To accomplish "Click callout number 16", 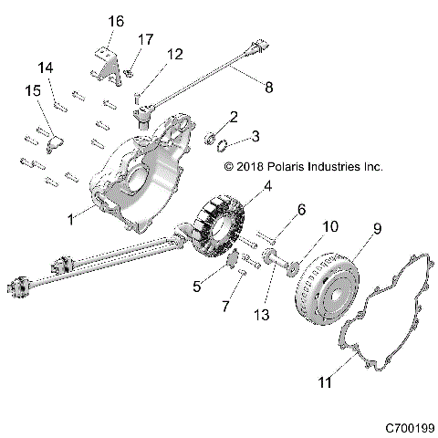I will (115, 21).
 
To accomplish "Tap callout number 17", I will (145, 39).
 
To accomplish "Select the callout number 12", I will (173, 54).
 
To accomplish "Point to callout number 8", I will (266, 89).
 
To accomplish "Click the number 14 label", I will (45, 68).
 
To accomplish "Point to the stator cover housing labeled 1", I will (146, 182).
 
